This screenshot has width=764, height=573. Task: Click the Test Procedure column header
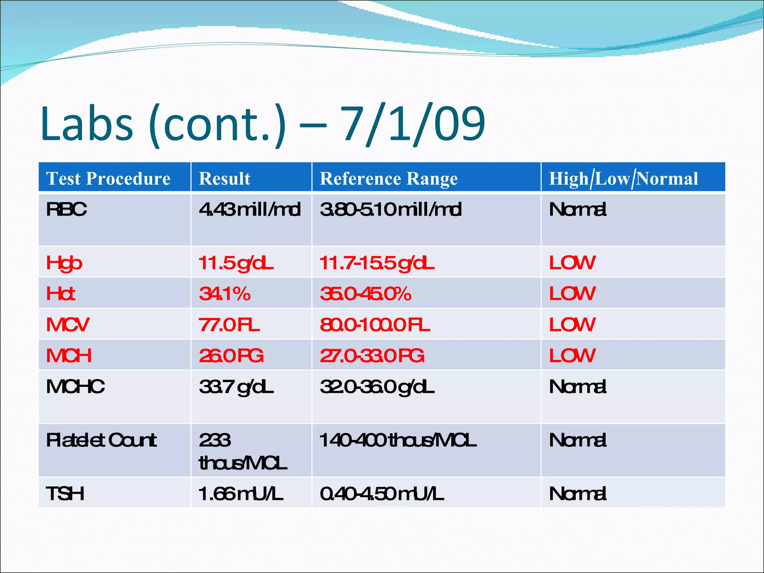108,178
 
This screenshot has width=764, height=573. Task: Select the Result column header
225,178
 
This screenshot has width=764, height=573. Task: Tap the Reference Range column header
389,178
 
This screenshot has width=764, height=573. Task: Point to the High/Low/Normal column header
623,178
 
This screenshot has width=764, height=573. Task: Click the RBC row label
66,209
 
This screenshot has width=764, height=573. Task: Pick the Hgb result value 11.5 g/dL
236,263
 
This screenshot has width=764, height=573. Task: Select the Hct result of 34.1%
225,294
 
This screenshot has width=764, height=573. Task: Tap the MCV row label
68,325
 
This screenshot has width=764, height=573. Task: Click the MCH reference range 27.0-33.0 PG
372,356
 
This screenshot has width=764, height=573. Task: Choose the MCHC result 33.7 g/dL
236,387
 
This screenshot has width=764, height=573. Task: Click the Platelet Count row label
101,441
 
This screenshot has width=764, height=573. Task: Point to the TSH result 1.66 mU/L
241,494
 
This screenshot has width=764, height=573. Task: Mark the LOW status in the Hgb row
572,263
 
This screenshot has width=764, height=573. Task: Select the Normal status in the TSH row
577,494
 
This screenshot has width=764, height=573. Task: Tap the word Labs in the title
87,124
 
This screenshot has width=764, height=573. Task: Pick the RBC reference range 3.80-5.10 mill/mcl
391,209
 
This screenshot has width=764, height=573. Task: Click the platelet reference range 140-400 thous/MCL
398,441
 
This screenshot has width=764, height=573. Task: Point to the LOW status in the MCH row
572,356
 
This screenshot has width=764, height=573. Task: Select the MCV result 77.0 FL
229,325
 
